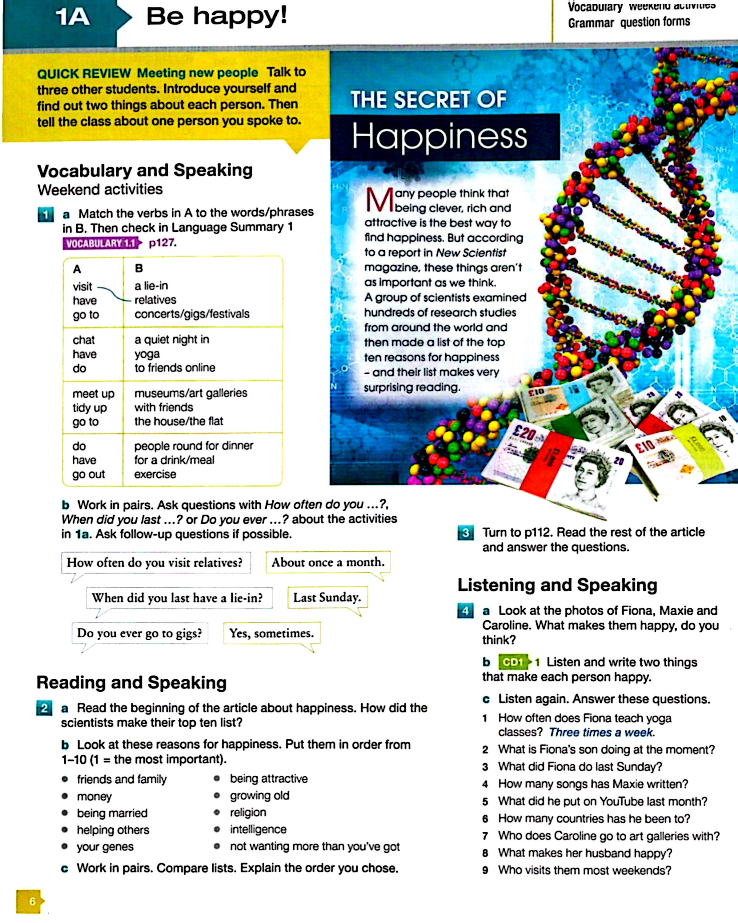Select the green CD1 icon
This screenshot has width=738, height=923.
(x=513, y=662)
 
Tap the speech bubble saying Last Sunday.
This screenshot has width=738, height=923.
(x=327, y=597)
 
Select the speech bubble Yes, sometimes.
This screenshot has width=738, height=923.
(x=271, y=633)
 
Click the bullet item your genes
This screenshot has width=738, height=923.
(x=105, y=846)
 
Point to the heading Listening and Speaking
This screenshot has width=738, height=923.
(x=557, y=585)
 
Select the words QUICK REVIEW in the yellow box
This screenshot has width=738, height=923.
(x=84, y=74)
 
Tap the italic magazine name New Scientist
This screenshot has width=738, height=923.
(x=471, y=253)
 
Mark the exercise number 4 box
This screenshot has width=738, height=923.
(x=466, y=610)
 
